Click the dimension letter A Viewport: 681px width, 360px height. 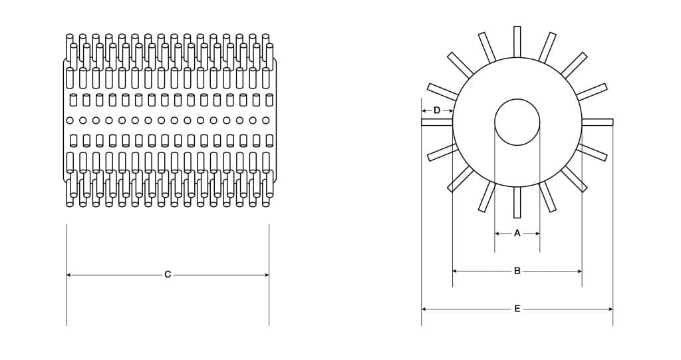pyautogui.click(x=517, y=234)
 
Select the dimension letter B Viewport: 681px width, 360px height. pyautogui.click(x=517, y=271)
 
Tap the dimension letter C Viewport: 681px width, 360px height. pyautogui.click(x=168, y=274)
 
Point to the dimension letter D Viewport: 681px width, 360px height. pyautogui.click(x=437, y=110)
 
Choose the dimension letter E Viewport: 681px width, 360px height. pyautogui.click(x=517, y=309)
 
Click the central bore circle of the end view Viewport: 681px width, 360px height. pyautogui.click(x=517, y=122)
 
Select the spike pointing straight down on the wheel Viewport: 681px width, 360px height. pyautogui.click(x=517, y=202)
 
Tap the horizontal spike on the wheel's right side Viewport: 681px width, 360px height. pyautogui.click(x=597, y=122)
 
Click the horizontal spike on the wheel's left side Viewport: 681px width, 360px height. pyautogui.click(x=437, y=122)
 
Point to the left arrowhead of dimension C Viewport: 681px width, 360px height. pyautogui.click(x=69, y=274)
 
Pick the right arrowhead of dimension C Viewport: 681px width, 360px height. pyautogui.click(x=266, y=274)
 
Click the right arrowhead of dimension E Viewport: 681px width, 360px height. pyautogui.click(x=610, y=309)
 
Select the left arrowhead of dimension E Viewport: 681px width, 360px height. pyautogui.click(x=424, y=309)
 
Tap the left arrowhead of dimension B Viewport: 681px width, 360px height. pyautogui.click(x=456, y=271)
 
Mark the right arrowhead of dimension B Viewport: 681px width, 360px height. pyautogui.click(x=579, y=271)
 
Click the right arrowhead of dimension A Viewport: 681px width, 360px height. pyautogui.click(x=537, y=234)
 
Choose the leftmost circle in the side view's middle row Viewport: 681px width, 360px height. pyautogui.click(x=70, y=120)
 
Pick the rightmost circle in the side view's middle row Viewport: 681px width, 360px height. pyautogui.click(x=266, y=120)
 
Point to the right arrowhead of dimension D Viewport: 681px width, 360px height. pyautogui.click(x=450, y=110)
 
